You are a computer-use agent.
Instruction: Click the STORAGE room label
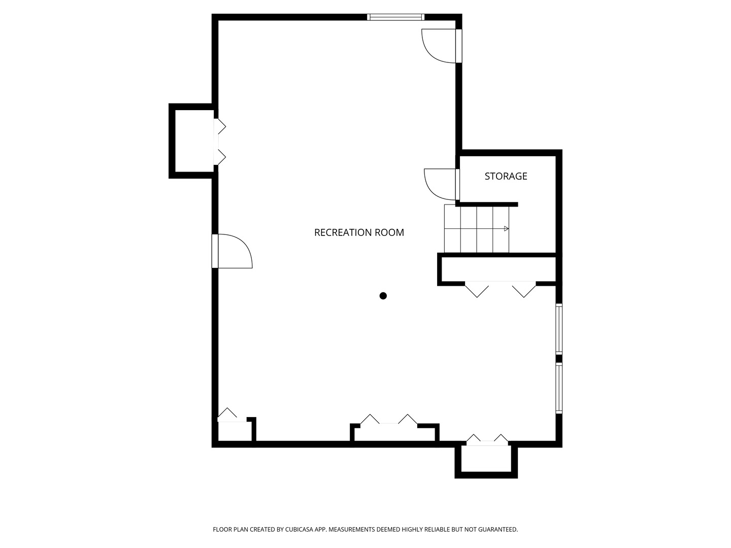click(506, 176)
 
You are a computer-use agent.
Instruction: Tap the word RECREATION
click(343, 232)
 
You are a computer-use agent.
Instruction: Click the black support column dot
click(383, 295)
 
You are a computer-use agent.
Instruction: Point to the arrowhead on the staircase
click(506, 228)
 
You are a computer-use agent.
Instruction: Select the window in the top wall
click(395, 17)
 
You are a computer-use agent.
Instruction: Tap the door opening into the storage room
click(442, 184)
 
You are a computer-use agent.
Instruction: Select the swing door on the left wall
click(232, 251)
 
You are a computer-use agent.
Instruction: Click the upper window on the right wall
click(559, 329)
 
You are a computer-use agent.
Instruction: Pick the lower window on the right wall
click(559, 388)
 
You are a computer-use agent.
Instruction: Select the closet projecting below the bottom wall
click(486, 460)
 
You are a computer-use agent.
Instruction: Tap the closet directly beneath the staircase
click(499, 269)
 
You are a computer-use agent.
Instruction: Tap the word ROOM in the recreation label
click(390, 232)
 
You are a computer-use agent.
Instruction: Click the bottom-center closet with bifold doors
click(394, 432)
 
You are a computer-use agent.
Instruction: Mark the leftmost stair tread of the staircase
click(452, 228)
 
